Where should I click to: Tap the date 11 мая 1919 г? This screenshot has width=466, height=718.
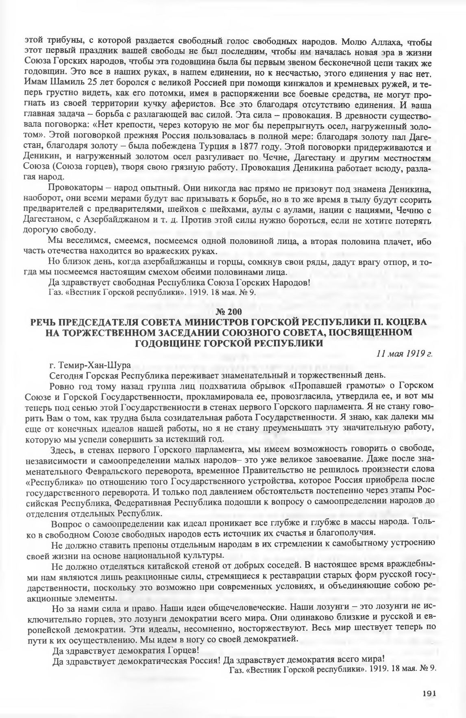pyautogui.click(x=405, y=353)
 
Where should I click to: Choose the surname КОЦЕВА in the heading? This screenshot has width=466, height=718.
pyautogui.click(x=405, y=322)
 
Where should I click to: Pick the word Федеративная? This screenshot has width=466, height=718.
pyautogui.click(x=144, y=502)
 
